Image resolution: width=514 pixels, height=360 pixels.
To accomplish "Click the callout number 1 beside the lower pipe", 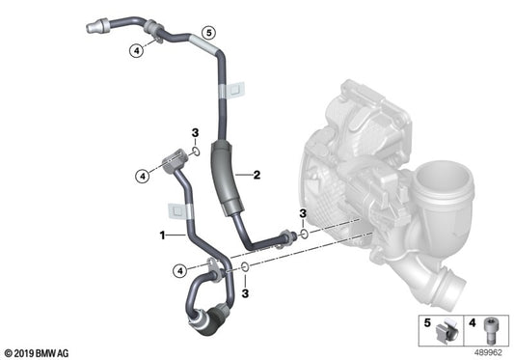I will pos(163,235).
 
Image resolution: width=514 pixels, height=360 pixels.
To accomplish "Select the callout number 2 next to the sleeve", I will pos(257,176).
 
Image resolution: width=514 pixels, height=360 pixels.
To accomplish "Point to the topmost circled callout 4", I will pos(139,50).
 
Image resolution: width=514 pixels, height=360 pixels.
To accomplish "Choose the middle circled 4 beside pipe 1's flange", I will pos(142,175).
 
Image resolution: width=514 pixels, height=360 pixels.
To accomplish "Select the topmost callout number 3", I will pos(194,132).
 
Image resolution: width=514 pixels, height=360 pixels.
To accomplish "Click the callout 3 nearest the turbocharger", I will pos(302,212).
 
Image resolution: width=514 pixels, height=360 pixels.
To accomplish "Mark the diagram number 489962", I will pos(491,351).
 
